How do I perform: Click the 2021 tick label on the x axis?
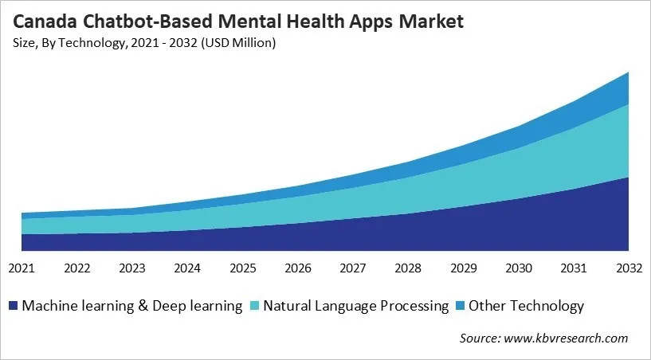point(22,269)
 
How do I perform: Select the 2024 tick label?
point(187,269)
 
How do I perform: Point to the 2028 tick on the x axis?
point(408,269)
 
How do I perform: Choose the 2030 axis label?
point(519,269)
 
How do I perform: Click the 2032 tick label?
point(628,269)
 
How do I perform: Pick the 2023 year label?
point(132,269)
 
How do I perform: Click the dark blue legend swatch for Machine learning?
point(14,306)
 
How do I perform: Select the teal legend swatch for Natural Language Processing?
point(253,306)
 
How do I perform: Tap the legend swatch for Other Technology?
point(459,306)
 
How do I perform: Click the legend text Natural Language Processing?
point(356,306)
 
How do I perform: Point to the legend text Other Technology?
point(527,306)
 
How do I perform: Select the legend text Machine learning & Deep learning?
point(132,306)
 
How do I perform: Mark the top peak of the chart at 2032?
point(628,72)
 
